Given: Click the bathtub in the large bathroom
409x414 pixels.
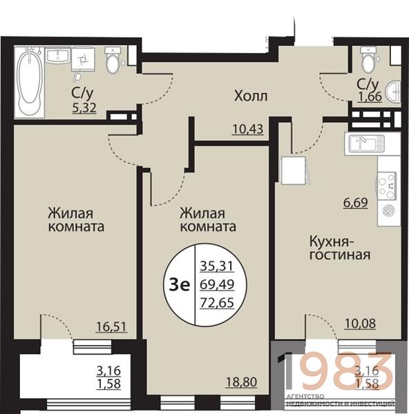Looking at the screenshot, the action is [x=29, y=82].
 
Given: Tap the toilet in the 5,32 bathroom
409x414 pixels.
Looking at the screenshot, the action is [x=113, y=60].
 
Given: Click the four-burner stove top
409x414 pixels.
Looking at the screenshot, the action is [x=387, y=185].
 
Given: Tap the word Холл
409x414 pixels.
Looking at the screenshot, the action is [x=251, y=96].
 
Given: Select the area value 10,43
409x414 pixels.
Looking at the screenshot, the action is [x=248, y=130].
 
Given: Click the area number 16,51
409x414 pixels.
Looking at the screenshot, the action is [x=111, y=326].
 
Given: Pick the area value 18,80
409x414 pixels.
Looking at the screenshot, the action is [x=241, y=382].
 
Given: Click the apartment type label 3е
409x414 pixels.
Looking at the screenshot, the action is [x=180, y=285].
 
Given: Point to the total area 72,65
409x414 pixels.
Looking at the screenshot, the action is [x=217, y=303].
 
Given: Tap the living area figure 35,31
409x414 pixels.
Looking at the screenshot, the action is [x=217, y=266].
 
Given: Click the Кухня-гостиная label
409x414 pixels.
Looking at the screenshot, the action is [x=340, y=248].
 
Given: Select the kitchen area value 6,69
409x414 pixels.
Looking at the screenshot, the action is [x=355, y=203].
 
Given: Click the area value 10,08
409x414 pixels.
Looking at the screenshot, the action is [x=360, y=324].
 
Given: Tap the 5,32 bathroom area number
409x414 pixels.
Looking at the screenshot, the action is [x=84, y=108].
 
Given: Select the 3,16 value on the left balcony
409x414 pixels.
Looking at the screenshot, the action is [x=108, y=371].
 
